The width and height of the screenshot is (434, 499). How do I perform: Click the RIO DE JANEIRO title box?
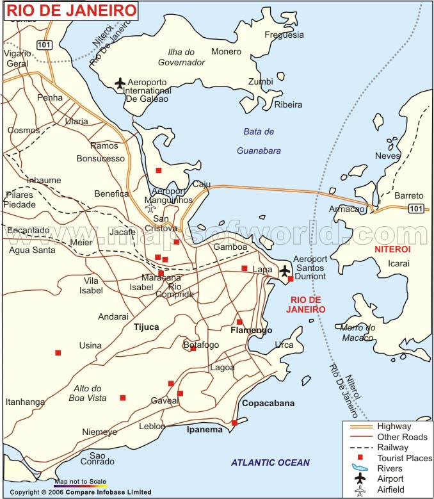[x=71, y=10]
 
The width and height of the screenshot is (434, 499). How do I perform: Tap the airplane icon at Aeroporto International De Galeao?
[x=120, y=83]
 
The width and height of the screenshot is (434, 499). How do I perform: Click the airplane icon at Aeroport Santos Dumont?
[x=285, y=271]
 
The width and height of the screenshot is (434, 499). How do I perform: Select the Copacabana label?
[x=268, y=404]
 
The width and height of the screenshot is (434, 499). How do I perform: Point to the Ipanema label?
[x=204, y=430]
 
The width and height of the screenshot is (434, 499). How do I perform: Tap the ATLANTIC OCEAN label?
[x=270, y=462]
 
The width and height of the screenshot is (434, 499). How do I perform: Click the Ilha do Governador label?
[x=182, y=57]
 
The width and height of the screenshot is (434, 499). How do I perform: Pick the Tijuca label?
[x=146, y=327]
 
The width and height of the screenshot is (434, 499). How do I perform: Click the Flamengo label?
[x=251, y=331]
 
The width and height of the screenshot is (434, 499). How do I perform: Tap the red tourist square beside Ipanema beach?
[x=234, y=423]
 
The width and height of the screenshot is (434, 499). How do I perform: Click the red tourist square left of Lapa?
[x=244, y=268]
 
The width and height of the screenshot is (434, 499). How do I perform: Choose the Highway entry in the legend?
[x=394, y=426]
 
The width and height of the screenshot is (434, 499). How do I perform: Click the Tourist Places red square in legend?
[x=360, y=457]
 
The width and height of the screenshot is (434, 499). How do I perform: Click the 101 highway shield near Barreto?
[x=416, y=208]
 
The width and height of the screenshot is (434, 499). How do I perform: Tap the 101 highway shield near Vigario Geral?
[x=44, y=44]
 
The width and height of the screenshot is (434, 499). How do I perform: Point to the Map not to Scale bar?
[x=80, y=484]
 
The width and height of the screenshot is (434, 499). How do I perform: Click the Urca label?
[x=284, y=345]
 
